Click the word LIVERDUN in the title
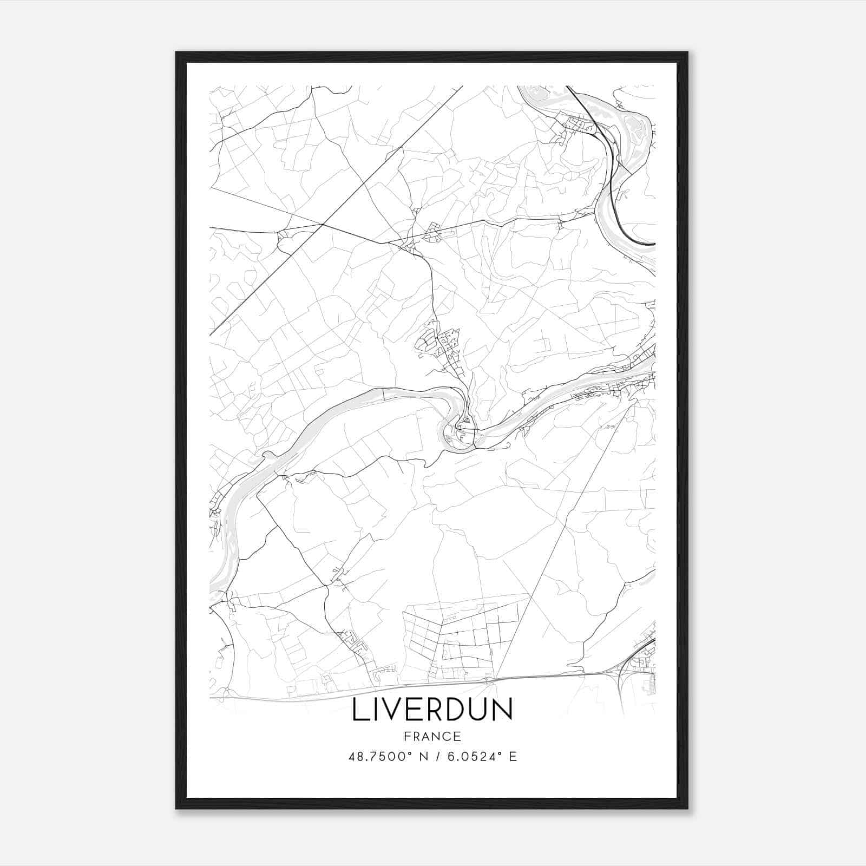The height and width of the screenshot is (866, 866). pos(432,711)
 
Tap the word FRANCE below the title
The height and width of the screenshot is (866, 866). pos(432,737)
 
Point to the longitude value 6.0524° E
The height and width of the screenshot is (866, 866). pos(480,757)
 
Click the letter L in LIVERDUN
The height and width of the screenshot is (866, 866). pos(358,711)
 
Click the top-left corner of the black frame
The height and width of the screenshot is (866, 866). pos(177,53)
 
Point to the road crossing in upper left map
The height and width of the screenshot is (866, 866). pos(323,224)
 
